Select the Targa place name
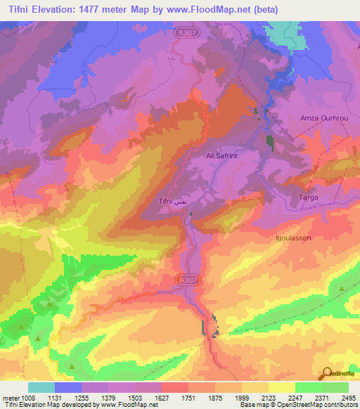coord(309,197)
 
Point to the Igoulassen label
coord(292,238)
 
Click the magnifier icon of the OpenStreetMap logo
coord(327,373)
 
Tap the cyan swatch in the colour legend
coord(41,387)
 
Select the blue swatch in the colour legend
coord(68,387)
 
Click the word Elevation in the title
coord(60,10)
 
